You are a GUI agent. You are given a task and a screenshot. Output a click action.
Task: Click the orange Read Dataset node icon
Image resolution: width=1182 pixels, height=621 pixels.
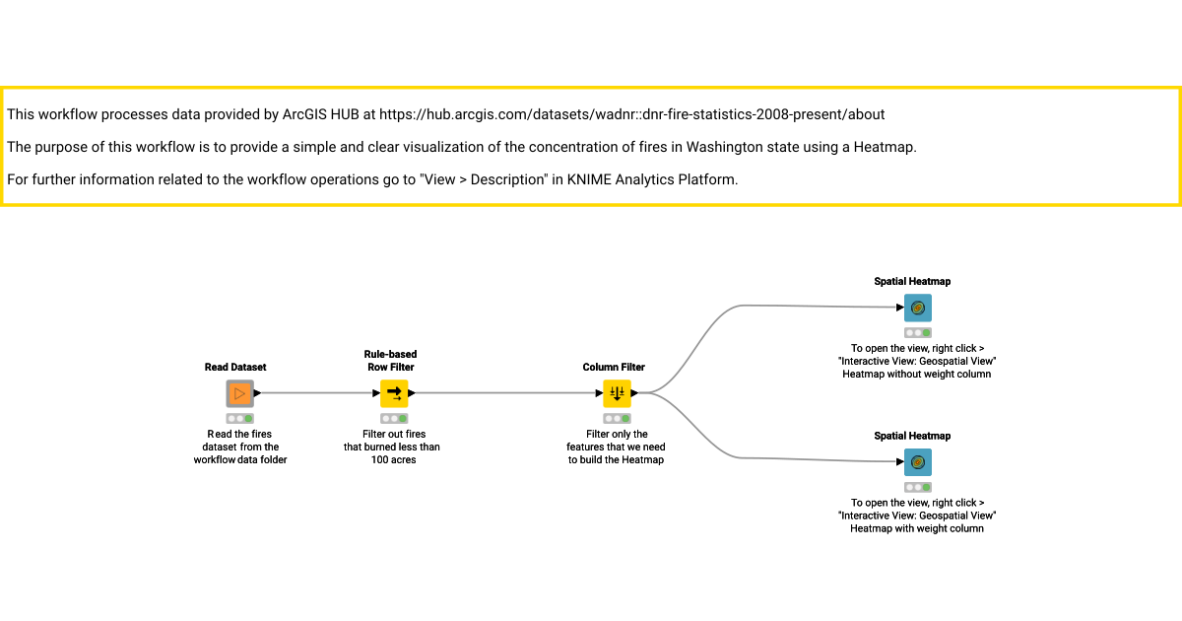[240, 393]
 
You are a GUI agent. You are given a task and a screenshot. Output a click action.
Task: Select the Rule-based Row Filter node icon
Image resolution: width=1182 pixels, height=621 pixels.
[394, 393]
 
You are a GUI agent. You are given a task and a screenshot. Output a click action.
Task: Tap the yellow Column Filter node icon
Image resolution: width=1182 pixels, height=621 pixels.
[617, 393]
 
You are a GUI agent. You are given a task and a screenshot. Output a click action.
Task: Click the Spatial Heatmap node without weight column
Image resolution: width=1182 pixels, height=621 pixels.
[918, 308]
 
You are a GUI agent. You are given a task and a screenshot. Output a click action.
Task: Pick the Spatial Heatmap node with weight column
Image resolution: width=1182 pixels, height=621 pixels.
[918, 462]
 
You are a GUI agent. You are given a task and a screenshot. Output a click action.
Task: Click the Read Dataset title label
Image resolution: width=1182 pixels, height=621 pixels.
[235, 367]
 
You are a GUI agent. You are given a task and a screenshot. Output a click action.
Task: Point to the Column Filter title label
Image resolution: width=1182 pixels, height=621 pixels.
[614, 367]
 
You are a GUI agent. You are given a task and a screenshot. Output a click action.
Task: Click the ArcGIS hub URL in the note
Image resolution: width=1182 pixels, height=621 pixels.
[631, 114]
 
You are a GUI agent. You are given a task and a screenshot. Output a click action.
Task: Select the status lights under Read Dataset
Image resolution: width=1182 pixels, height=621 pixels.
[240, 419]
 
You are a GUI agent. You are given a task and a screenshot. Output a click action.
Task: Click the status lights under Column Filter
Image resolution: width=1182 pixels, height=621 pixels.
[617, 419]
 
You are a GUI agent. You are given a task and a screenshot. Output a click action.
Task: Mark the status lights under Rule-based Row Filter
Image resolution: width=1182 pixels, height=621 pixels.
[394, 419]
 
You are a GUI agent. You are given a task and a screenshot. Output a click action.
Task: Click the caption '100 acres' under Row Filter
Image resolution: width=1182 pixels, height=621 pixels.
[393, 460]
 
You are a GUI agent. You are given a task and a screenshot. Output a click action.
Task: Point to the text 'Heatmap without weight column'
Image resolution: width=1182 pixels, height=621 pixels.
[917, 375]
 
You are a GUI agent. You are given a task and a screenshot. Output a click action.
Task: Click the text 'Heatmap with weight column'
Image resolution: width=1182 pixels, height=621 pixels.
[917, 528]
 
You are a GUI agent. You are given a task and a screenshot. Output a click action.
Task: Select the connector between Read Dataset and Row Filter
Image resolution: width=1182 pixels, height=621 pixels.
[317, 393]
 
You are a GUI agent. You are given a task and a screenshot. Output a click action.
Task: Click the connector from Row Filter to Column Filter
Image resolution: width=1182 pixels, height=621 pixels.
[505, 393]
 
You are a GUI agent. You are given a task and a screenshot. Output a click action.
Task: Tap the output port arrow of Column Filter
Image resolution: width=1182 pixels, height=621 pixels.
[634, 393]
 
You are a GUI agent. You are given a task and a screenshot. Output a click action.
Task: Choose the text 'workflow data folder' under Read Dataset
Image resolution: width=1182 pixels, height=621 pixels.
[240, 460]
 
